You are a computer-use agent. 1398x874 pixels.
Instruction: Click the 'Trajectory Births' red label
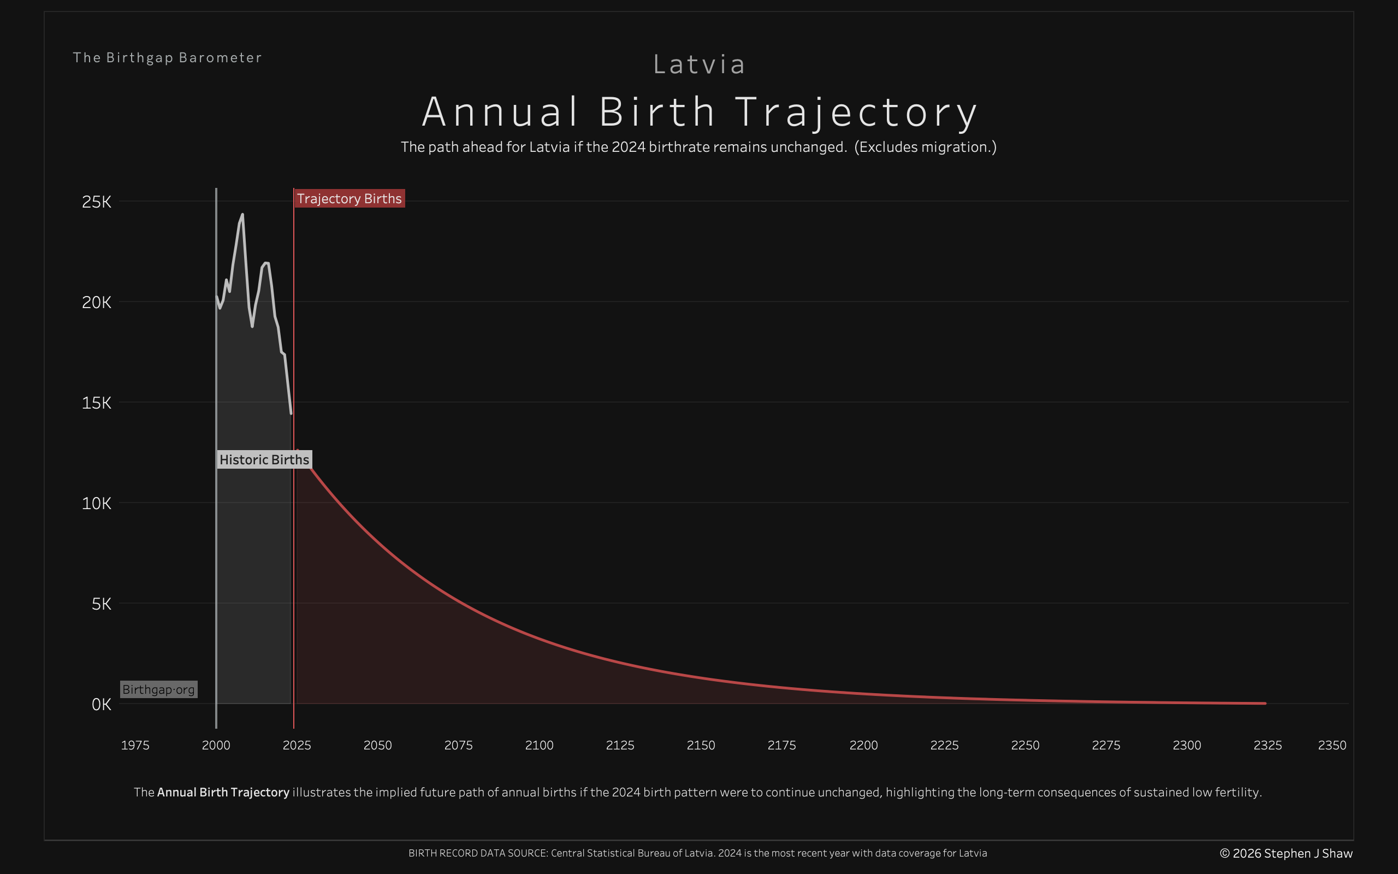pyautogui.click(x=349, y=199)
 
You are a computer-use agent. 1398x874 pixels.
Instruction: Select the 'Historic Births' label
pyautogui.click(x=264, y=459)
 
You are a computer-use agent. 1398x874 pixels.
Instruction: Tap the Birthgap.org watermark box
pyautogui.click(x=158, y=689)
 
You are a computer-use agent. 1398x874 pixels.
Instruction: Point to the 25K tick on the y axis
pyautogui.click(x=97, y=202)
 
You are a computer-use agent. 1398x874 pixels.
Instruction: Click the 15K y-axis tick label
pyautogui.click(x=97, y=403)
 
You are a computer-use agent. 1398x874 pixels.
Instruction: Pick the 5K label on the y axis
pyautogui.click(x=101, y=604)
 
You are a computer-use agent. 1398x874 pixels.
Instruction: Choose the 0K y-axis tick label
pyautogui.click(x=101, y=705)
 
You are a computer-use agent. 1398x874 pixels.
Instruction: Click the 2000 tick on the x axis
pyautogui.click(x=216, y=745)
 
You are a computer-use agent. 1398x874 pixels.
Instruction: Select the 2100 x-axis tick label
pyautogui.click(x=539, y=745)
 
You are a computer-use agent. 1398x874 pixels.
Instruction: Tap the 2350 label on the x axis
pyautogui.click(x=1331, y=745)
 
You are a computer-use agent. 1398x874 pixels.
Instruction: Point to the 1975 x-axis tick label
pyautogui.click(x=135, y=745)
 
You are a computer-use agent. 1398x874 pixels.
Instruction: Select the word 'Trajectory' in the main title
pyautogui.click(x=856, y=112)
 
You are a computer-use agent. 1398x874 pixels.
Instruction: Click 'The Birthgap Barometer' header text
pyautogui.click(x=168, y=58)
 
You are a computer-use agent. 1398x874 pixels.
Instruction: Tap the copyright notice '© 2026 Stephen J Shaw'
pyautogui.click(x=1286, y=853)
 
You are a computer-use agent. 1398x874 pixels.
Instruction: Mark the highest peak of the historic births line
pyautogui.click(x=242, y=215)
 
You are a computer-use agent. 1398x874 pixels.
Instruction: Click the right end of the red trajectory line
pyautogui.click(x=1265, y=704)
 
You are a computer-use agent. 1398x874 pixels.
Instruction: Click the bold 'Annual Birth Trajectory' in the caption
pyautogui.click(x=223, y=792)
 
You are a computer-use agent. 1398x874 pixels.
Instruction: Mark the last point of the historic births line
pyautogui.click(x=291, y=414)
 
